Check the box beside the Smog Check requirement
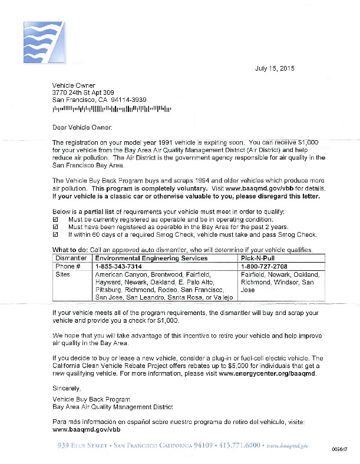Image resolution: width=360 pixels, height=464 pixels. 56,234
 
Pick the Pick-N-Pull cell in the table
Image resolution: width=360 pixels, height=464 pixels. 257,258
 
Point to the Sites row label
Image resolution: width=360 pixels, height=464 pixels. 62,274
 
